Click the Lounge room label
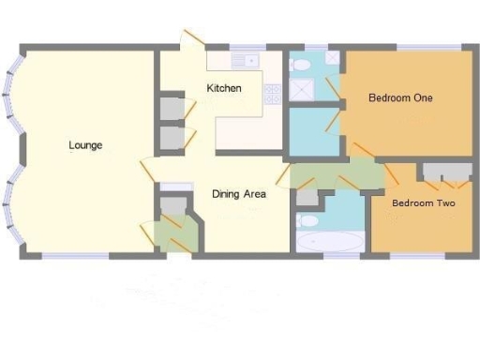pos(85,145)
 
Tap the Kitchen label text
pos(224,88)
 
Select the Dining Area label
pos(239,194)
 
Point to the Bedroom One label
pos(399,97)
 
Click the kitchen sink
pos(246,61)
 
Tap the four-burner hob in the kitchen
pos(273,93)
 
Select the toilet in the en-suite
pos(299,65)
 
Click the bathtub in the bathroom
pos(327,242)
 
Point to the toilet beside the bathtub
pos(307,221)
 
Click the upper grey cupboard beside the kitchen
pos(172,108)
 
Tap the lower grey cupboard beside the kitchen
pos(172,138)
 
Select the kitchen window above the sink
pos(248,47)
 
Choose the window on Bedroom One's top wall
pos(422,47)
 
